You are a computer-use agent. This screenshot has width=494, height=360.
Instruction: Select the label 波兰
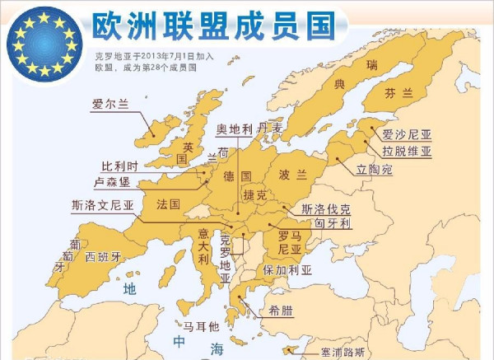[x=293, y=175]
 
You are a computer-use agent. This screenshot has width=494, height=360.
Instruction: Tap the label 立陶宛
[x=375, y=170]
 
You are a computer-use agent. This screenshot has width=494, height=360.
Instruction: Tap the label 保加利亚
[x=287, y=269]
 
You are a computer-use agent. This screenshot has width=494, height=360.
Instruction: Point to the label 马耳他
[x=201, y=326]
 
